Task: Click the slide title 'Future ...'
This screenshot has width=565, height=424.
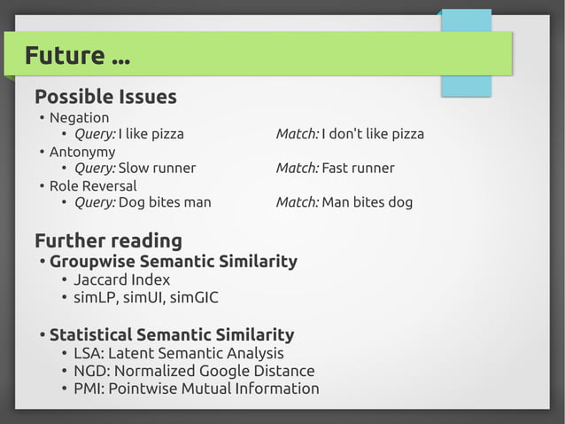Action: pyautogui.click(x=77, y=56)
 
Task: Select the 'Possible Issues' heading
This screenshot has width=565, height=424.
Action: pyautogui.click(x=105, y=97)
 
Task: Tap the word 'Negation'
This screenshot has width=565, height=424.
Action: pyautogui.click(x=79, y=118)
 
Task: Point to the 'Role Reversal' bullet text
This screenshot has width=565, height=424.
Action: pyautogui.click(x=93, y=186)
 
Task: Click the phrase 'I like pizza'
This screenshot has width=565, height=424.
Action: pyautogui.click(x=151, y=134)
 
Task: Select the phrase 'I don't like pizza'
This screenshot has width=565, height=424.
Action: pyautogui.click(x=373, y=134)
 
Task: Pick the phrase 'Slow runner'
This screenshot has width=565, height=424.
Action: pyautogui.click(x=157, y=169)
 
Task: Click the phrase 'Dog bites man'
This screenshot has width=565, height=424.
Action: pyautogui.click(x=165, y=202)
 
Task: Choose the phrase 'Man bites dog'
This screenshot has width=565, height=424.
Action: pyautogui.click(x=367, y=202)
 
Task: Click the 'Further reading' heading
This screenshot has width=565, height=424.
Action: pyautogui.click(x=108, y=240)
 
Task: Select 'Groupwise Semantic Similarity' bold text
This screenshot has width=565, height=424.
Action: pyautogui.click(x=173, y=262)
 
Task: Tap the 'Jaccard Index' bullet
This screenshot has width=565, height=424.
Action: pyautogui.click(x=121, y=280)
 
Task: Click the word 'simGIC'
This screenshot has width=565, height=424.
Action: pyautogui.click(x=195, y=298)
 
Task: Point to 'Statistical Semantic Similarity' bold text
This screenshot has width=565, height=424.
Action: pyautogui.click(x=172, y=335)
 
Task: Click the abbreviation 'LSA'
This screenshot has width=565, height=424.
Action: pyautogui.click(x=88, y=354)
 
